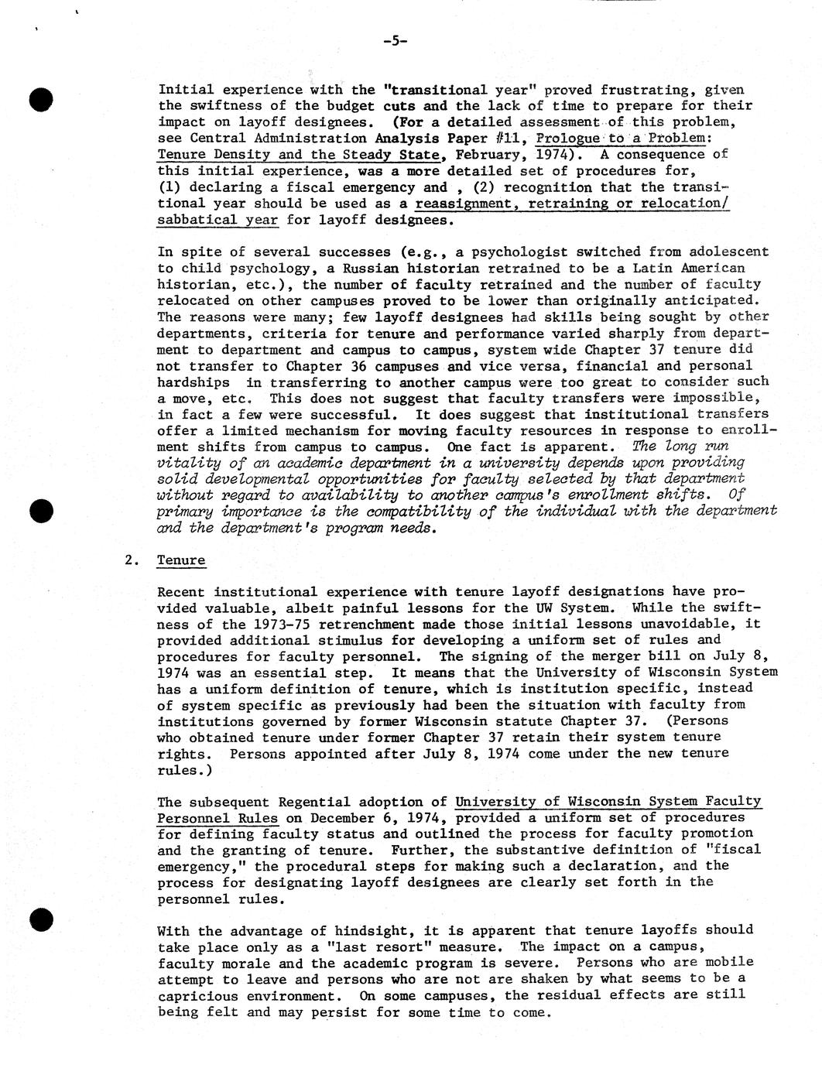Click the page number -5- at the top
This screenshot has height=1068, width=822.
394,41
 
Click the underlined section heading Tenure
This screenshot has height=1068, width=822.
181,560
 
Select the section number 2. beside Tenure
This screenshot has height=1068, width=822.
131,560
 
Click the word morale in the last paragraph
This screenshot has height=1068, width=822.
262,963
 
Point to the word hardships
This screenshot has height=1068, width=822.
194,382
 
